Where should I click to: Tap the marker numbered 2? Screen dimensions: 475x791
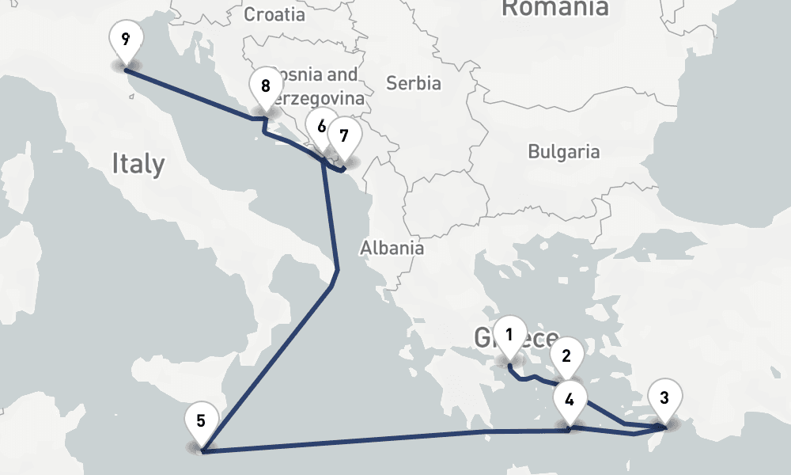pos(566,356)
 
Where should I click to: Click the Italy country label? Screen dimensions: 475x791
pos(138,164)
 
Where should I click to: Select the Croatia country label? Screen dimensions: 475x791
pos(274,14)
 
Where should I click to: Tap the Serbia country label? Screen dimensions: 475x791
pos(413,82)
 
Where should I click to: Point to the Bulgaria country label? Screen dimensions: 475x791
pos(564,152)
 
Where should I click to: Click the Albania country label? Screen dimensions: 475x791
pos(392,248)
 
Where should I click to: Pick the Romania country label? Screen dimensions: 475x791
pos(555,8)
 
